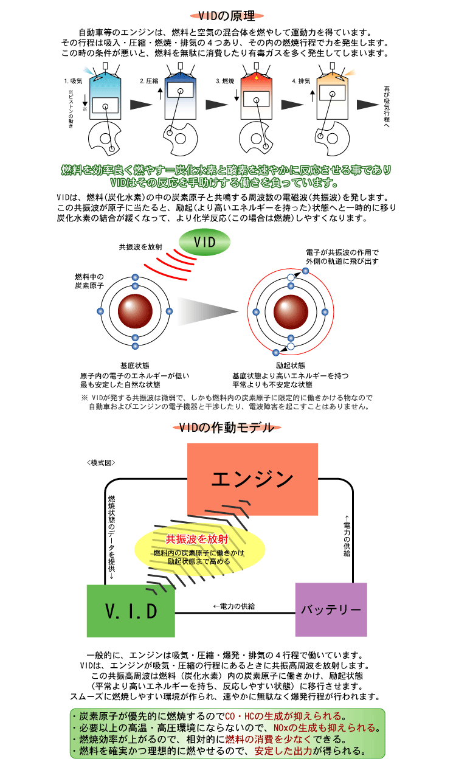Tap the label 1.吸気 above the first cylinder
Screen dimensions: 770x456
(72, 80)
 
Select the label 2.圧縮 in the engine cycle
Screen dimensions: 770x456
(149, 80)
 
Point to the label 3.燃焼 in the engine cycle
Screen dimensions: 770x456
(225, 80)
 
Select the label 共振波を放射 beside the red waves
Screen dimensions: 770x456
(140, 247)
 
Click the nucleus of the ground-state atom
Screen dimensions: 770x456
(135, 311)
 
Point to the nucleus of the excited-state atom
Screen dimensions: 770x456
(291, 311)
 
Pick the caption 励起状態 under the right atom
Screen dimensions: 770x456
(290, 366)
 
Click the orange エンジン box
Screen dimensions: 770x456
(252, 479)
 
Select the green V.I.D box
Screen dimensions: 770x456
(131, 611)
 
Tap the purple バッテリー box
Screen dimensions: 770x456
(331, 609)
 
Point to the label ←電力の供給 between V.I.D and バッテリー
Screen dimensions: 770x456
(234, 606)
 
